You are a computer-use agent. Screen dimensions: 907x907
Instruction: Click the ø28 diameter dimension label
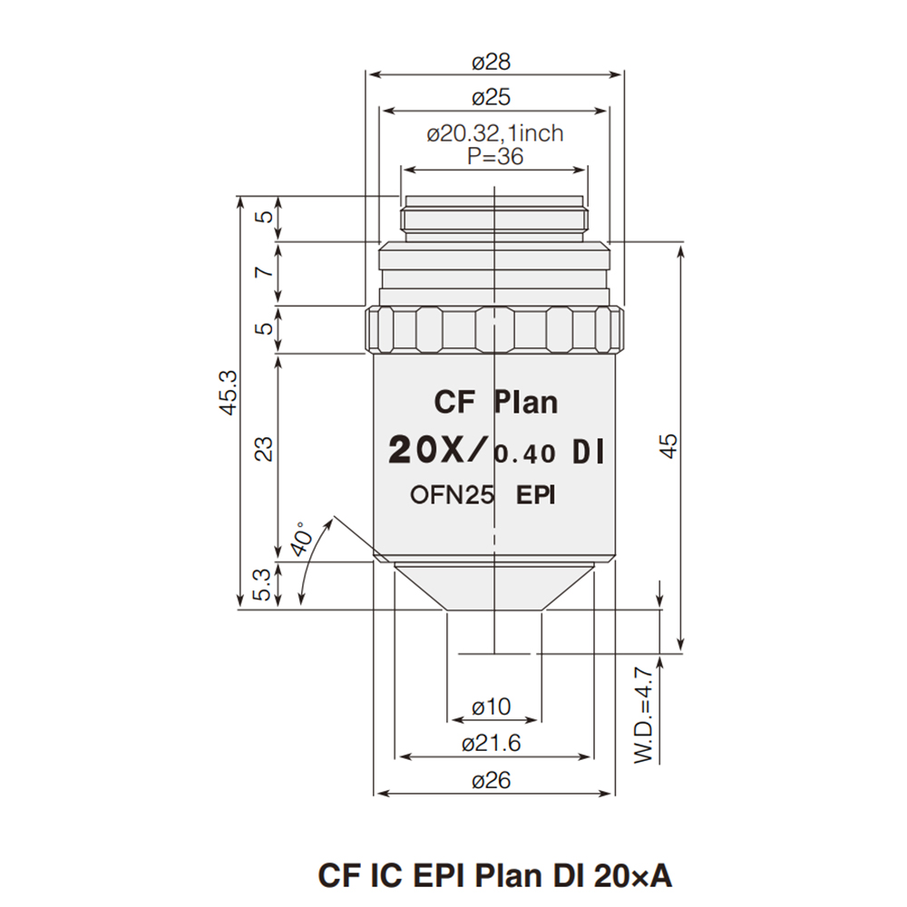[492, 62]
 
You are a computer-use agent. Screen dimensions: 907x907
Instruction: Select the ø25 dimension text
[492, 97]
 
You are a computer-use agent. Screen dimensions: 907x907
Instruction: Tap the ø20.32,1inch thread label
[494, 133]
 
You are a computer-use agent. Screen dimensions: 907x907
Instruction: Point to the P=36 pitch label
[494, 155]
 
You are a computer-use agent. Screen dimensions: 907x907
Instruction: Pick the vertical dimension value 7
[263, 273]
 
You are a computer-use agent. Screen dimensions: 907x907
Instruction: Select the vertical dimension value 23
[263, 448]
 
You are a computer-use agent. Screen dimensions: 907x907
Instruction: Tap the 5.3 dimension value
[263, 584]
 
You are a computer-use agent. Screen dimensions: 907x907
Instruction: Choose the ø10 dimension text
[492, 706]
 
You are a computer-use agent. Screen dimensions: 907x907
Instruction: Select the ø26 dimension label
[492, 780]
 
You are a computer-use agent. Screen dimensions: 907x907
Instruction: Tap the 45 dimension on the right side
[668, 446]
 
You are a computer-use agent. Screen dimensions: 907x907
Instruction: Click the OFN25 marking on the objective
[451, 495]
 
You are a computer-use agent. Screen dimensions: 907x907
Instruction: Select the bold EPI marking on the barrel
[536, 495]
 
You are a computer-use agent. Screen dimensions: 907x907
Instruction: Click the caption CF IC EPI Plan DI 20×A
[495, 875]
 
